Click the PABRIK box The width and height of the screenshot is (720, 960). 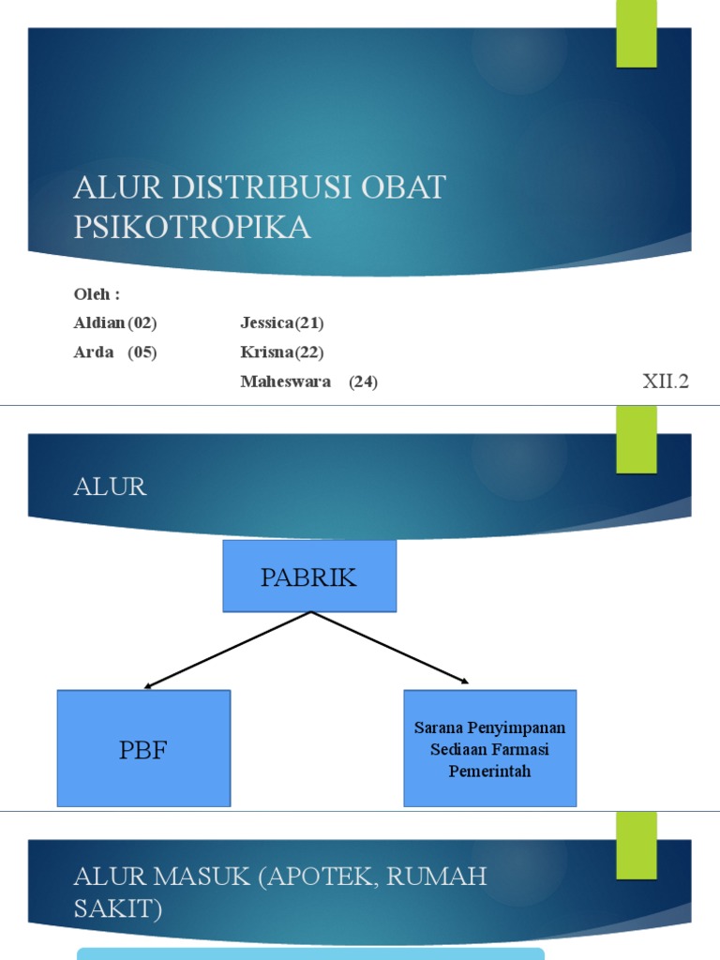coord(309,577)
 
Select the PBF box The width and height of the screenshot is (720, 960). coord(143,749)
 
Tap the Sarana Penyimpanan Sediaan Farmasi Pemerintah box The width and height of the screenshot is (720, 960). coord(489,749)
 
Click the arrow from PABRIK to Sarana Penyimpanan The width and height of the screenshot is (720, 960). coord(390,648)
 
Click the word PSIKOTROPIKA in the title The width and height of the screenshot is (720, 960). coord(192,228)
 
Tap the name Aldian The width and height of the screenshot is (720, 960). coord(99,323)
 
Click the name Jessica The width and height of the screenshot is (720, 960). coord(267,323)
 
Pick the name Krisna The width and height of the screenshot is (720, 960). coord(266,352)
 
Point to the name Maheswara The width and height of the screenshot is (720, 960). coord(285,382)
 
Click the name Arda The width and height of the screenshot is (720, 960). coord(94,352)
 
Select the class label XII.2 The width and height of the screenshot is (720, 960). coord(666,382)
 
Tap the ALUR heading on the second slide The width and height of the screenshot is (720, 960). coord(111,487)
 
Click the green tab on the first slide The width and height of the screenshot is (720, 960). coord(636,34)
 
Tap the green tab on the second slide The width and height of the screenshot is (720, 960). coord(636,439)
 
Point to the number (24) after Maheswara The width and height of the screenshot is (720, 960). coord(364,382)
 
